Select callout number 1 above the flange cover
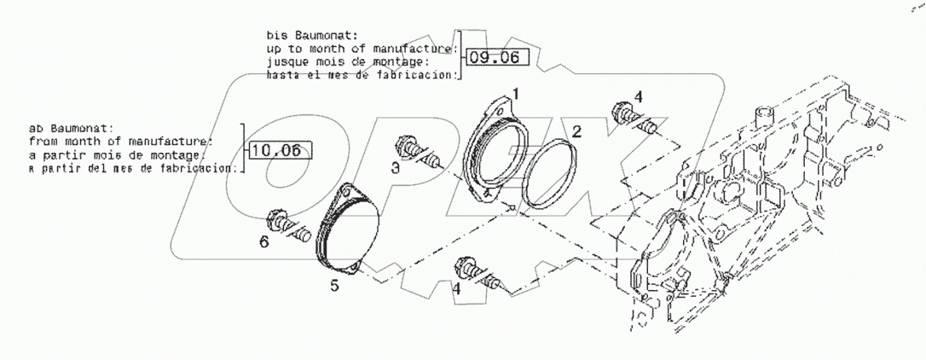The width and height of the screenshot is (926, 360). point(515,90)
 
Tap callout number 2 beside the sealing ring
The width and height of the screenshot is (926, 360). point(577,131)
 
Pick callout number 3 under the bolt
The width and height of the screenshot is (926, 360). point(396,169)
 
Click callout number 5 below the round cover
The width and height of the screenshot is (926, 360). point(334,286)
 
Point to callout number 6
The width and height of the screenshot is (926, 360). point(263,243)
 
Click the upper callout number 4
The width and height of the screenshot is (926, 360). point(639,95)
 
